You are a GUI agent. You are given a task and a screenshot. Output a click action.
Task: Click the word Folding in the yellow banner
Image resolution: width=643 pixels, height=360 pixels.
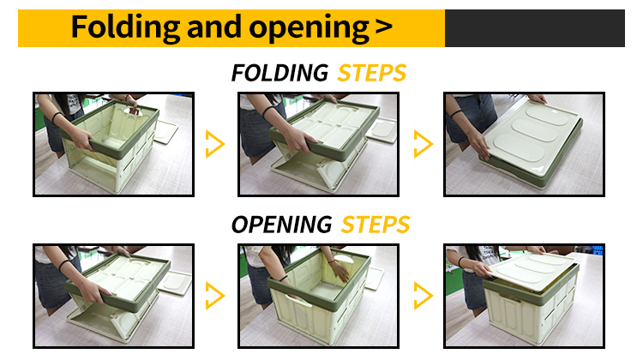click(x=125, y=27)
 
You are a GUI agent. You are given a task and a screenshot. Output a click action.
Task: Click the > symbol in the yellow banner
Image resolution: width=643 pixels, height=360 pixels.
click(x=384, y=27)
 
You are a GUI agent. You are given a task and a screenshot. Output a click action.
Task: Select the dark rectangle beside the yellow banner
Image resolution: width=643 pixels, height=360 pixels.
click(x=535, y=28)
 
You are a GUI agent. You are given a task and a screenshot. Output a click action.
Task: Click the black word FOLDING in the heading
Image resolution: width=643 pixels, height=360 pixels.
click(x=279, y=73)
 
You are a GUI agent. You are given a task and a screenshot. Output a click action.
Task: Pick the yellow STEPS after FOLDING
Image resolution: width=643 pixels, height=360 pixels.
click(x=371, y=73)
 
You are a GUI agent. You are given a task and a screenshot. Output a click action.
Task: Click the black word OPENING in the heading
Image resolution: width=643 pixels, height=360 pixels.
click(x=281, y=225)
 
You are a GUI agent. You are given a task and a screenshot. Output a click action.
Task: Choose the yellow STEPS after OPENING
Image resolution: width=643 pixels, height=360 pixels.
click(x=376, y=225)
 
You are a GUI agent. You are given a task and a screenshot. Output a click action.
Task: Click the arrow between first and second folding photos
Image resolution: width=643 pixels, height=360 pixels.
click(x=215, y=144)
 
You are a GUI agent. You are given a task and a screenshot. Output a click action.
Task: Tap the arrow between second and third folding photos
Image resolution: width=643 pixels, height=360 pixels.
click(x=424, y=144)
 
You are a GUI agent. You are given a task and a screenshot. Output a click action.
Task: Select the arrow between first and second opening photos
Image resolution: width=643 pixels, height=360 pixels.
click(x=215, y=296)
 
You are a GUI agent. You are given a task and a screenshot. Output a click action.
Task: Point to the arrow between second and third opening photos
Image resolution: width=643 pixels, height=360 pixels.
click(x=424, y=296)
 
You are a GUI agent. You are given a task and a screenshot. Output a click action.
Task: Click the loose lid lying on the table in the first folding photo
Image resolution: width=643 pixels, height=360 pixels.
click(x=165, y=132)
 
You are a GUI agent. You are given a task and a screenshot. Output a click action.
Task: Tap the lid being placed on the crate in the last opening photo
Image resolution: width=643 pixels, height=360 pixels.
click(x=532, y=269)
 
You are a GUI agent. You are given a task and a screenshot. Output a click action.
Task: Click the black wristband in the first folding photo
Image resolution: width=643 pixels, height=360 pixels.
click(x=57, y=117)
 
